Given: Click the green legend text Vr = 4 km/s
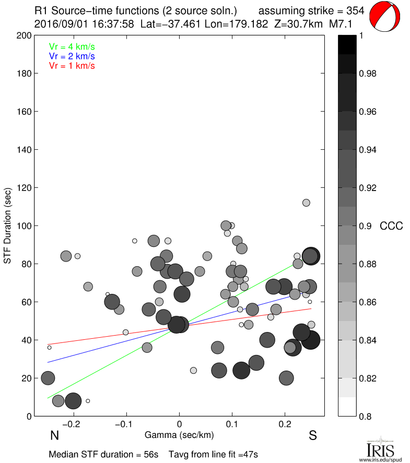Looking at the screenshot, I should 72,46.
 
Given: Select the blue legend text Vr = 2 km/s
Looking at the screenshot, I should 72,56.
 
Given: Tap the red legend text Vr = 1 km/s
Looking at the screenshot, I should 72,66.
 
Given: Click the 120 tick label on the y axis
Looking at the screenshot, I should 24,188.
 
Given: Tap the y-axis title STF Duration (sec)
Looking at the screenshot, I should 8,225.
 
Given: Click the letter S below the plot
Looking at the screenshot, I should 313,435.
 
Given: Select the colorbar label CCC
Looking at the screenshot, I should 391,226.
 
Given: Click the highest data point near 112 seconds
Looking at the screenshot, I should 306,203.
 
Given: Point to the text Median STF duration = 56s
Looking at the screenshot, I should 103,455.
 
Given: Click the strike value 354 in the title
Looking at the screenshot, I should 355,10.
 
